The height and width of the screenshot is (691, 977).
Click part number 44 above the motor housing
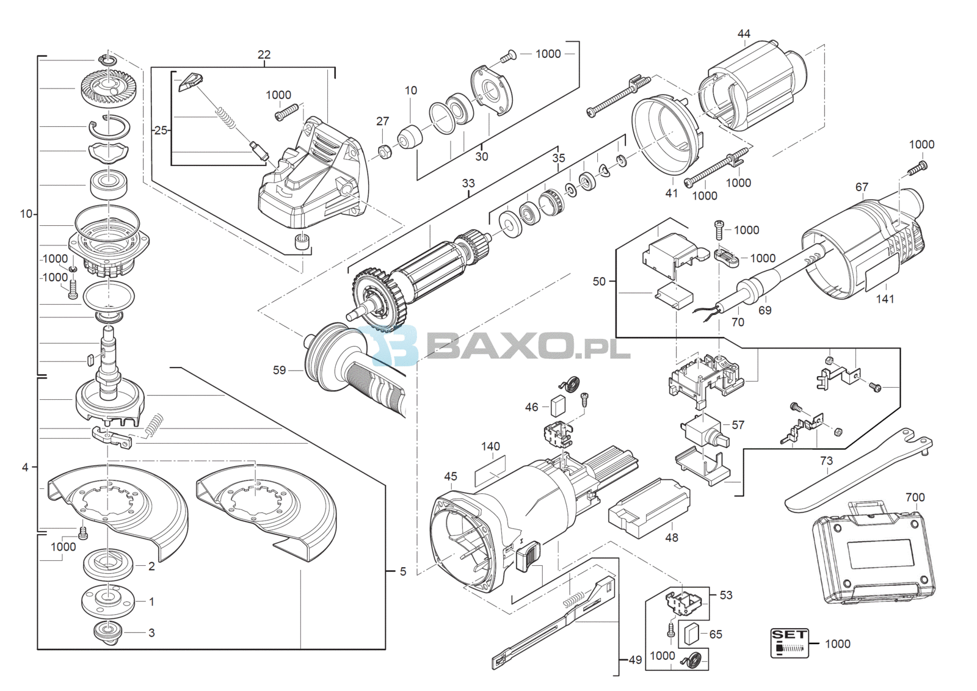click(x=744, y=34)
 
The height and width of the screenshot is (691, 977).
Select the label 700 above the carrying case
click(x=915, y=497)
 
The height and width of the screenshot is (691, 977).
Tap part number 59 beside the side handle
click(x=279, y=370)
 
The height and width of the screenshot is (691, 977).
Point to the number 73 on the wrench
click(x=826, y=461)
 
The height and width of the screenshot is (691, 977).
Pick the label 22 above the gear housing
click(x=264, y=54)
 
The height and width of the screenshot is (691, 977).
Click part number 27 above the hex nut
click(x=382, y=121)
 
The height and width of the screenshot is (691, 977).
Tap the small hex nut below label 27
click(x=384, y=152)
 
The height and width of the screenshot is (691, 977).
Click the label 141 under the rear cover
click(x=885, y=299)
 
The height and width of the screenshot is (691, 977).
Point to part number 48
click(x=672, y=538)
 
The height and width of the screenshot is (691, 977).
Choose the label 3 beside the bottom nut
click(x=151, y=632)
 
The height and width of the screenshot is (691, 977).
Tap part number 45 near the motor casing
click(x=451, y=477)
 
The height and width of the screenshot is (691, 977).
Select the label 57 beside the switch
click(x=738, y=425)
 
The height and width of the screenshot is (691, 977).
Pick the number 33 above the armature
click(x=468, y=183)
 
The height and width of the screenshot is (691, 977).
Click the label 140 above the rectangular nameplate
click(x=491, y=446)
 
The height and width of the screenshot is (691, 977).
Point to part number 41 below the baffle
click(x=672, y=193)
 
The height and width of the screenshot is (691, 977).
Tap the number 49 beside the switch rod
click(x=635, y=660)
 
